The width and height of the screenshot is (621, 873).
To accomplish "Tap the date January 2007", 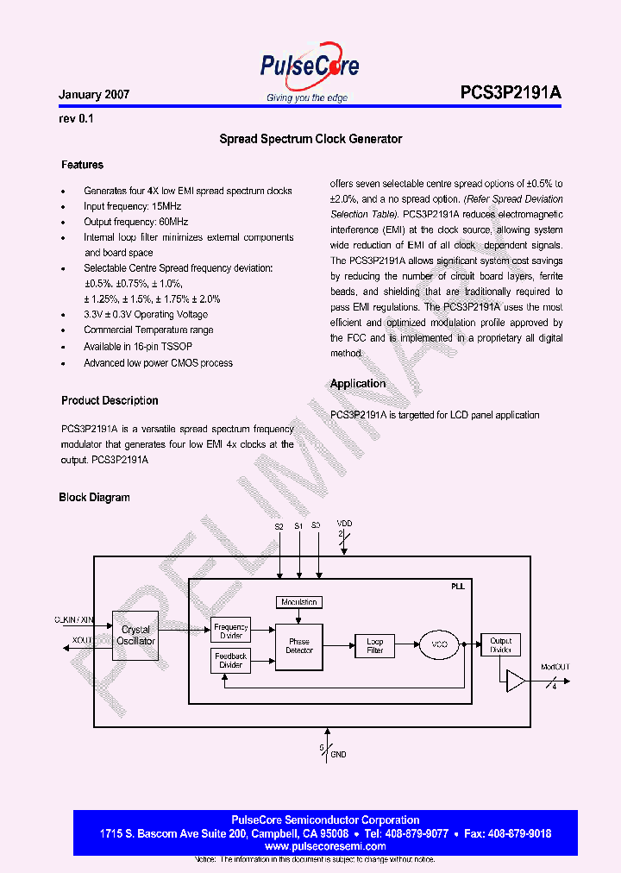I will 94,95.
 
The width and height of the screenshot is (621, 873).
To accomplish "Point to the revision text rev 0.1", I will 76,119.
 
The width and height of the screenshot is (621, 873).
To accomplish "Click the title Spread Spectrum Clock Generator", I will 310,139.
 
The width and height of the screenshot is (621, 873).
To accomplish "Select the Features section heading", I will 82,165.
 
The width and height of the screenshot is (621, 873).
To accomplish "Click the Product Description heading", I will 110,400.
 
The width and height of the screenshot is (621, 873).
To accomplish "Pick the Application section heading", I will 358,384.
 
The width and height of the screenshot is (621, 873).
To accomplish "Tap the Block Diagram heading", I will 94,498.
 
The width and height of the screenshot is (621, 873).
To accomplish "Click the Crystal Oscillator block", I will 136,636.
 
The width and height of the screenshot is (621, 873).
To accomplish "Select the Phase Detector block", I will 299,645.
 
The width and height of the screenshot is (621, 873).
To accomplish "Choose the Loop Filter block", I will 375,645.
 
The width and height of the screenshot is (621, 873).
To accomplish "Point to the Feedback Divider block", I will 230,661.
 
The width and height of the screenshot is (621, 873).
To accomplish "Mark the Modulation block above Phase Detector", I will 298,602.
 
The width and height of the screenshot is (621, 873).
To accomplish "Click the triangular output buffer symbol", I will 516,681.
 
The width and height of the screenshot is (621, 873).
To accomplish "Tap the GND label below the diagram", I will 338,755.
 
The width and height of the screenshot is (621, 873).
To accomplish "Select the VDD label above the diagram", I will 344,524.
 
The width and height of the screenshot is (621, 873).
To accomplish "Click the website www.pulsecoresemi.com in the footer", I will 325,847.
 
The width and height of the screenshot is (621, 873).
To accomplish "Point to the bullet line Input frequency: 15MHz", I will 132,207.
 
